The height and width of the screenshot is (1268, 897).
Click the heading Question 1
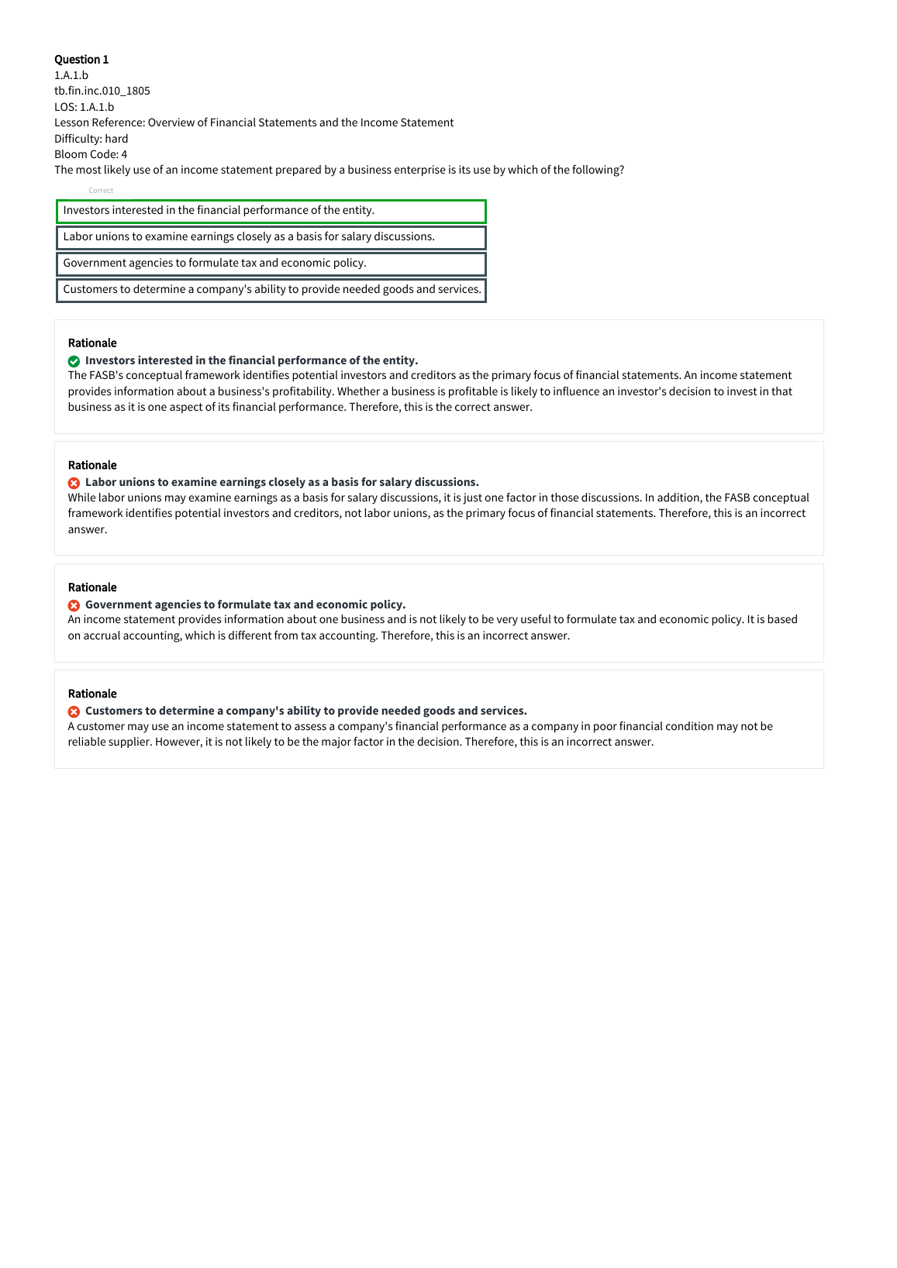click(x=81, y=60)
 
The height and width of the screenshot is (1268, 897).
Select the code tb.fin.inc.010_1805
click(x=102, y=91)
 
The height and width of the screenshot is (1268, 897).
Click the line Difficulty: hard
click(x=91, y=139)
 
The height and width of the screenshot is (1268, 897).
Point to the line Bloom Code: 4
click(x=91, y=154)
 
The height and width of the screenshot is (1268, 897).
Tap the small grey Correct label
click(x=101, y=191)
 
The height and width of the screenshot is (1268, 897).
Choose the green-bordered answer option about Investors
click(x=271, y=211)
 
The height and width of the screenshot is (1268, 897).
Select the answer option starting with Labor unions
click(x=271, y=237)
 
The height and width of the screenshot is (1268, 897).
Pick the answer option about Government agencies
click(x=271, y=264)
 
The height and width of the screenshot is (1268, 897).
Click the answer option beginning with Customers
click(x=271, y=290)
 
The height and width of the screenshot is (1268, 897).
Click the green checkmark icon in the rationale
click(x=74, y=361)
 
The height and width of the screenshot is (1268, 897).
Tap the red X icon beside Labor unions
click(x=74, y=483)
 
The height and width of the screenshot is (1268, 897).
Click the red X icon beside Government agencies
click(x=74, y=605)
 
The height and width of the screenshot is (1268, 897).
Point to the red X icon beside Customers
click(x=74, y=712)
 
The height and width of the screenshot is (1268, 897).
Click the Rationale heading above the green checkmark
click(x=92, y=343)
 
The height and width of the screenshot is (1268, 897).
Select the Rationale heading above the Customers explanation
click(x=92, y=694)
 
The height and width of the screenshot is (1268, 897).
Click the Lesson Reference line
click(x=254, y=122)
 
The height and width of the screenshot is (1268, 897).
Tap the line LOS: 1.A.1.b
click(x=84, y=107)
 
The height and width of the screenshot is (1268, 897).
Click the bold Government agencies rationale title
click(x=245, y=605)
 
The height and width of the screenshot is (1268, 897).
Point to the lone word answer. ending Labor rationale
click(x=88, y=530)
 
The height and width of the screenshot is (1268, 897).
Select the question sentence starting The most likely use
click(x=339, y=170)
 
